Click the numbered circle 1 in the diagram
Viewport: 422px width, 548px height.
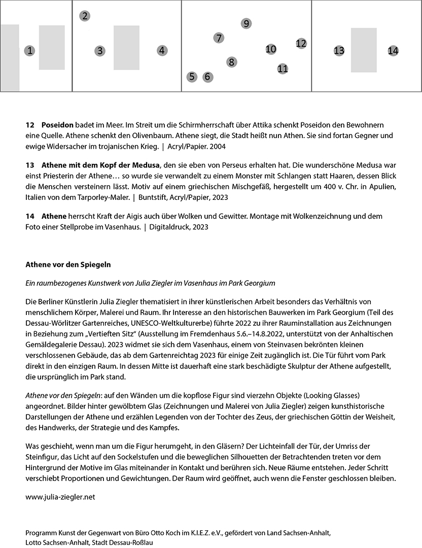[30, 51]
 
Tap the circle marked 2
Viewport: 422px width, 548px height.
[85, 16]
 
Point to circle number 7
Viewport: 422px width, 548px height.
[219, 38]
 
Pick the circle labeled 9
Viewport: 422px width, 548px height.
[246, 23]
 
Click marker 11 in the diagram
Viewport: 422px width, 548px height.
[283, 68]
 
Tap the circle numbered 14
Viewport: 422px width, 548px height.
[393, 51]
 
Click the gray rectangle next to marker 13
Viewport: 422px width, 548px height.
[364, 50]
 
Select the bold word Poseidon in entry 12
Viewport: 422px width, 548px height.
[58, 125]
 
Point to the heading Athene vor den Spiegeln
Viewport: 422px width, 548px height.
[68, 264]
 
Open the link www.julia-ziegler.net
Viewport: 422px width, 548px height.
[60, 497]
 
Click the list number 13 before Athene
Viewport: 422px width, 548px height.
[29, 165]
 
